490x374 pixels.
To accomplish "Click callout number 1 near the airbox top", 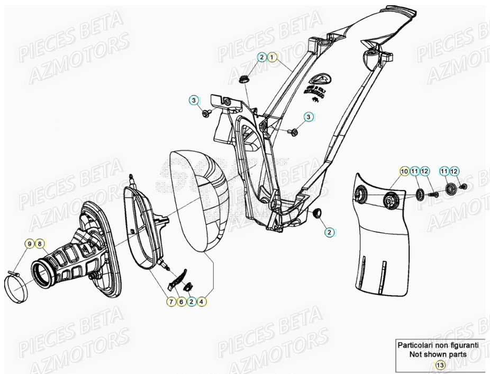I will coord(271,57).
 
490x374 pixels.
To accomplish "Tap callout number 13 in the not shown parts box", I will coord(440,364).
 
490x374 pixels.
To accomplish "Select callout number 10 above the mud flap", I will coord(404,171).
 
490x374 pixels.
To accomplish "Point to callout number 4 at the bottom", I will coord(202,302).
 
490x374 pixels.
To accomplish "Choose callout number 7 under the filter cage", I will coord(171,302).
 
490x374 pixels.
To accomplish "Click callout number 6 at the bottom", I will coord(181,302).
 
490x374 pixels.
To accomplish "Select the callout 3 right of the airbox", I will coord(309,117).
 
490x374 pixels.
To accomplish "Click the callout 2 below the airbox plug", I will coord(329,232).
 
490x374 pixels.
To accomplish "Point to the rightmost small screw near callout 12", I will coord(465,187).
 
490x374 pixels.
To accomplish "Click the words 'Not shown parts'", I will coord(438,354).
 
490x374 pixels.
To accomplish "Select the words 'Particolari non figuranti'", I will coord(438,345).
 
